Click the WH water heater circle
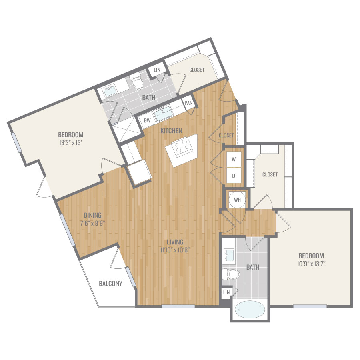pyautogui.click(x=237, y=200)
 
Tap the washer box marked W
pyautogui.click(x=234, y=159)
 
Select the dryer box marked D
pyautogui.click(x=234, y=176)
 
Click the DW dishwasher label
pyautogui.click(x=147, y=120)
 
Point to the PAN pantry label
pyautogui.click(x=188, y=103)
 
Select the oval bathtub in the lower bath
pyautogui.click(x=250, y=310)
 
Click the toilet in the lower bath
pyautogui.click(x=231, y=274)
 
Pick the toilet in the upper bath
pyautogui.click(x=137, y=82)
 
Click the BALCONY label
pyautogui.click(x=110, y=284)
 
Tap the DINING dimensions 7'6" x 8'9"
pyautogui.click(x=93, y=223)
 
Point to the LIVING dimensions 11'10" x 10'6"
pyautogui.click(x=175, y=250)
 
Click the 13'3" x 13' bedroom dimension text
pyautogui.click(x=71, y=142)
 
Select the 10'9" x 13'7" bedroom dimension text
pyautogui.click(x=311, y=264)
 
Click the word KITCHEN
pyautogui.click(x=171, y=131)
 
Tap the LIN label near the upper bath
pyautogui.click(x=157, y=70)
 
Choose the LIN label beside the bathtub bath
pyautogui.click(x=226, y=292)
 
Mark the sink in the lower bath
pyautogui.click(x=229, y=255)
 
